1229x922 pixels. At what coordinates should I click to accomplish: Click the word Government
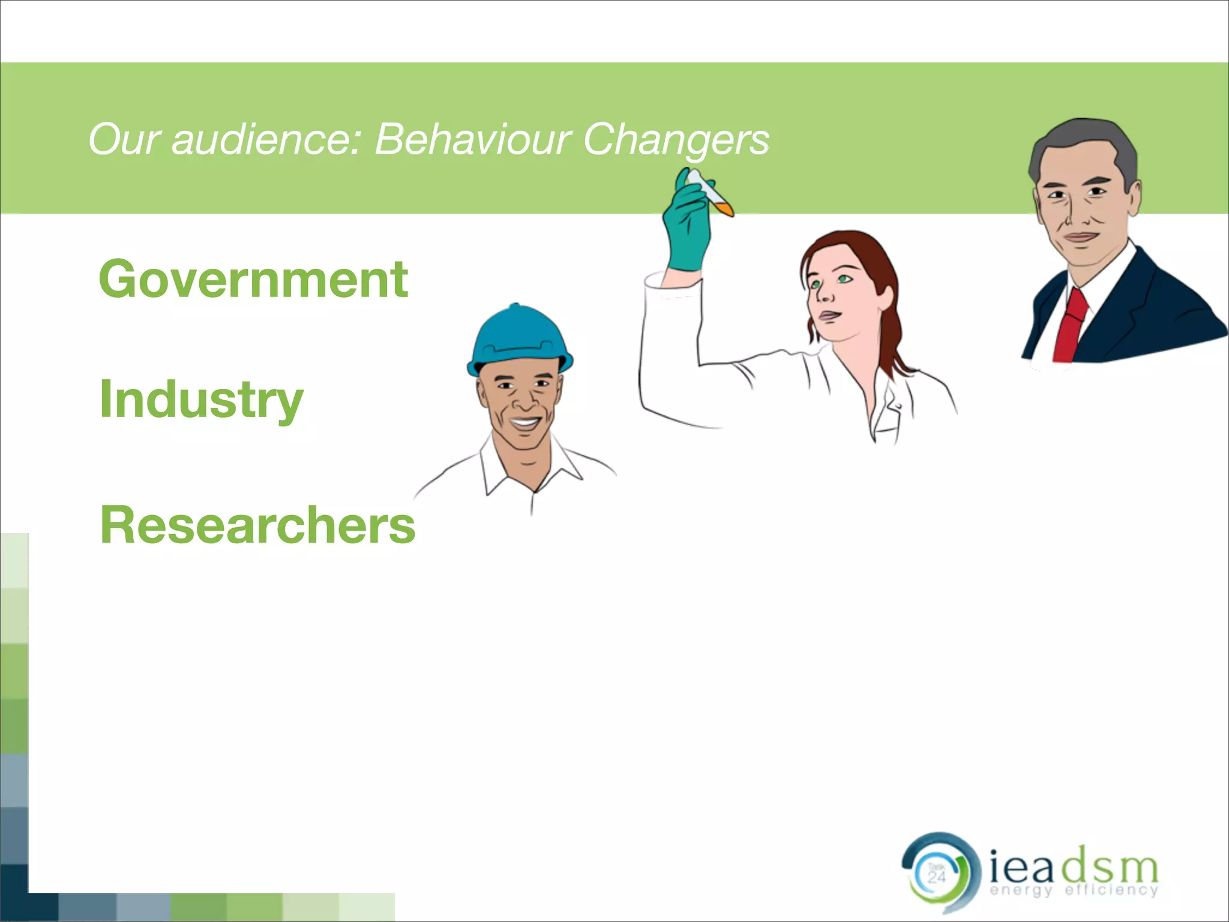click(x=253, y=279)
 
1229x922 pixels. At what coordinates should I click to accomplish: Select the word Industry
click(x=202, y=400)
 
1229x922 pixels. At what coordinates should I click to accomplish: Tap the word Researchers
click(x=257, y=525)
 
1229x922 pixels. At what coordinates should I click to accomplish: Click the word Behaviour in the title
click(x=472, y=139)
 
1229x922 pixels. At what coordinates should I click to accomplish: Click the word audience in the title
click(x=266, y=139)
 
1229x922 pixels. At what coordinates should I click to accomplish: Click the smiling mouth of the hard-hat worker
click(x=524, y=422)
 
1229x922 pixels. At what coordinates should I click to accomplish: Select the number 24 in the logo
click(x=937, y=878)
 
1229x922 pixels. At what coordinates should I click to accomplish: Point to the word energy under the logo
click(x=1021, y=890)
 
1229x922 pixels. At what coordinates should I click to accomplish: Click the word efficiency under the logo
click(x=1111, y=890)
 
